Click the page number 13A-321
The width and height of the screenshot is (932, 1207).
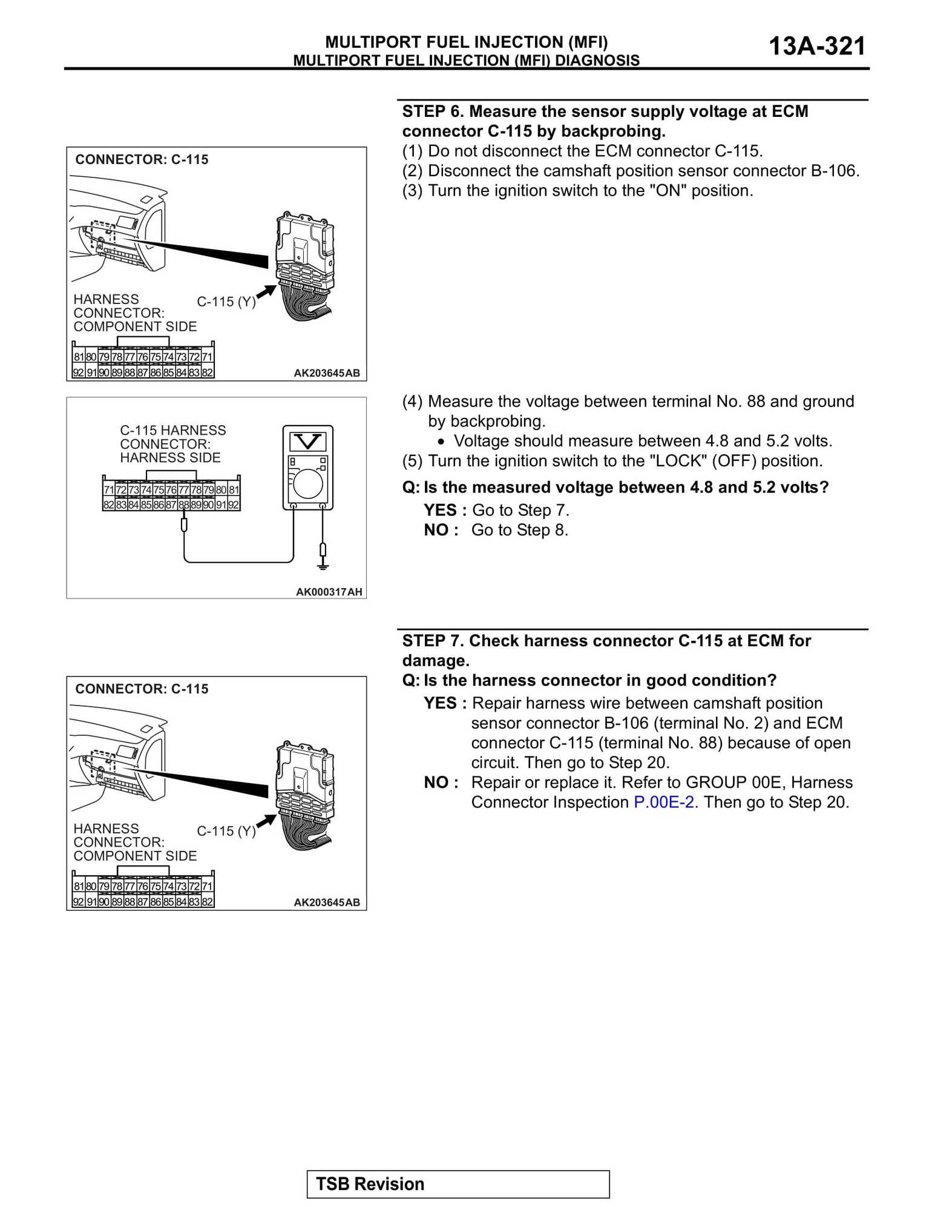click(x=817, y=46)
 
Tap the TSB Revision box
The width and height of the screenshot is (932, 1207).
click(x=458, y=1184)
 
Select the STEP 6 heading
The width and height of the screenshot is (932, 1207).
click(x=605, y=121)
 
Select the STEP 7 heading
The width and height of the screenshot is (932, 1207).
click(x=606, y=650)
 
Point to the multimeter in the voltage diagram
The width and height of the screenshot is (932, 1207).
click(x=308, y=468)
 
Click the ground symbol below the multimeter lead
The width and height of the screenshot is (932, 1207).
click(x=323, y=566)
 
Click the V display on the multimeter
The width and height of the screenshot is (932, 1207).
click(x=307, y=441)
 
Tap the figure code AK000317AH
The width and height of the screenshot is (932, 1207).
click(x=329, y=592)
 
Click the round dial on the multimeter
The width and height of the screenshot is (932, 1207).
click(x=309, y=484)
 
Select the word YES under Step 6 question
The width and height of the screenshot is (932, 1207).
click(x=440, y=510)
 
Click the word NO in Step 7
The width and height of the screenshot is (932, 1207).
click(x=436, y=782)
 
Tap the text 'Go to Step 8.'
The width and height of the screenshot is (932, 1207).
click(x=520, y=530)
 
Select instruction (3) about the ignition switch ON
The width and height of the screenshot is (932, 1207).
click(x=578, y=191)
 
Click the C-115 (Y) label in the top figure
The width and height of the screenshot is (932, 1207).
click(x=226, y=302)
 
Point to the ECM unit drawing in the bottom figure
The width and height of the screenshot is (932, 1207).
click(x=304, y=796)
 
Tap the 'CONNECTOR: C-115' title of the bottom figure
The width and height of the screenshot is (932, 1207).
click(x=142, y=689)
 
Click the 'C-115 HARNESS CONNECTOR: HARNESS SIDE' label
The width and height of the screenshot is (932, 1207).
click(x=172, y=444)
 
